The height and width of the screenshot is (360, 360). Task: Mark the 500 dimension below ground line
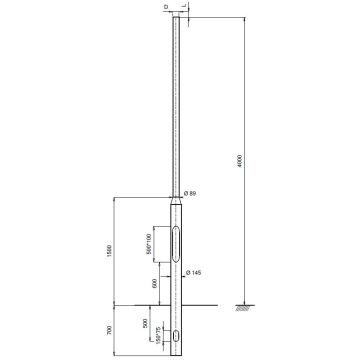[x=146, y=324]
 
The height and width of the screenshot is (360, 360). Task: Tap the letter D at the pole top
[x=165, y=7]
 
